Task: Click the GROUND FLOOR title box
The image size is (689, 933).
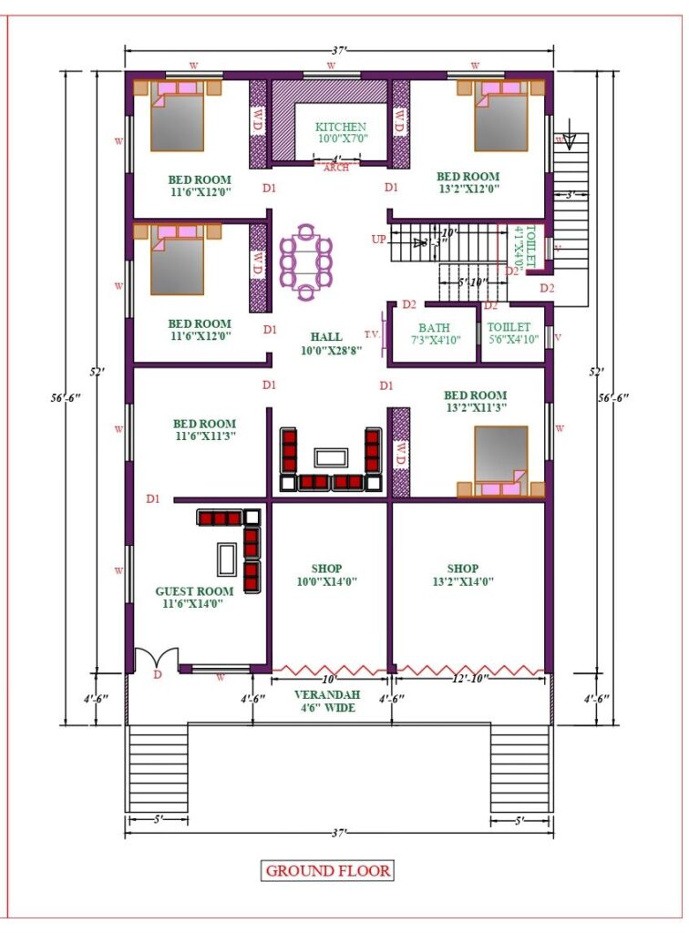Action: click(328, 870)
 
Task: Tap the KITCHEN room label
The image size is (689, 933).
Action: click(341, 133)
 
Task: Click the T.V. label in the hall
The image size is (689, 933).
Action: click(371, 333)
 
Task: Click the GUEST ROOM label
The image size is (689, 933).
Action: click(194, 597)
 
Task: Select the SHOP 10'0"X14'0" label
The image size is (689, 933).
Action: click(325, 575)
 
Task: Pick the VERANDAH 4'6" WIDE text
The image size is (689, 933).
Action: click(325, 700)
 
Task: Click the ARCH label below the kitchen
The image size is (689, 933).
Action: click(336, 168)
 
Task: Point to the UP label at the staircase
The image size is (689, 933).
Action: click(378, 240)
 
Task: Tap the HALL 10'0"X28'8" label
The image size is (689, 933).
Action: click(325, 343)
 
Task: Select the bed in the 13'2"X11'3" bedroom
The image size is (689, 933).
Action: click(500, 461)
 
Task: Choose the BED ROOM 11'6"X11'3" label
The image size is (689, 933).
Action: click(204, 430)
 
